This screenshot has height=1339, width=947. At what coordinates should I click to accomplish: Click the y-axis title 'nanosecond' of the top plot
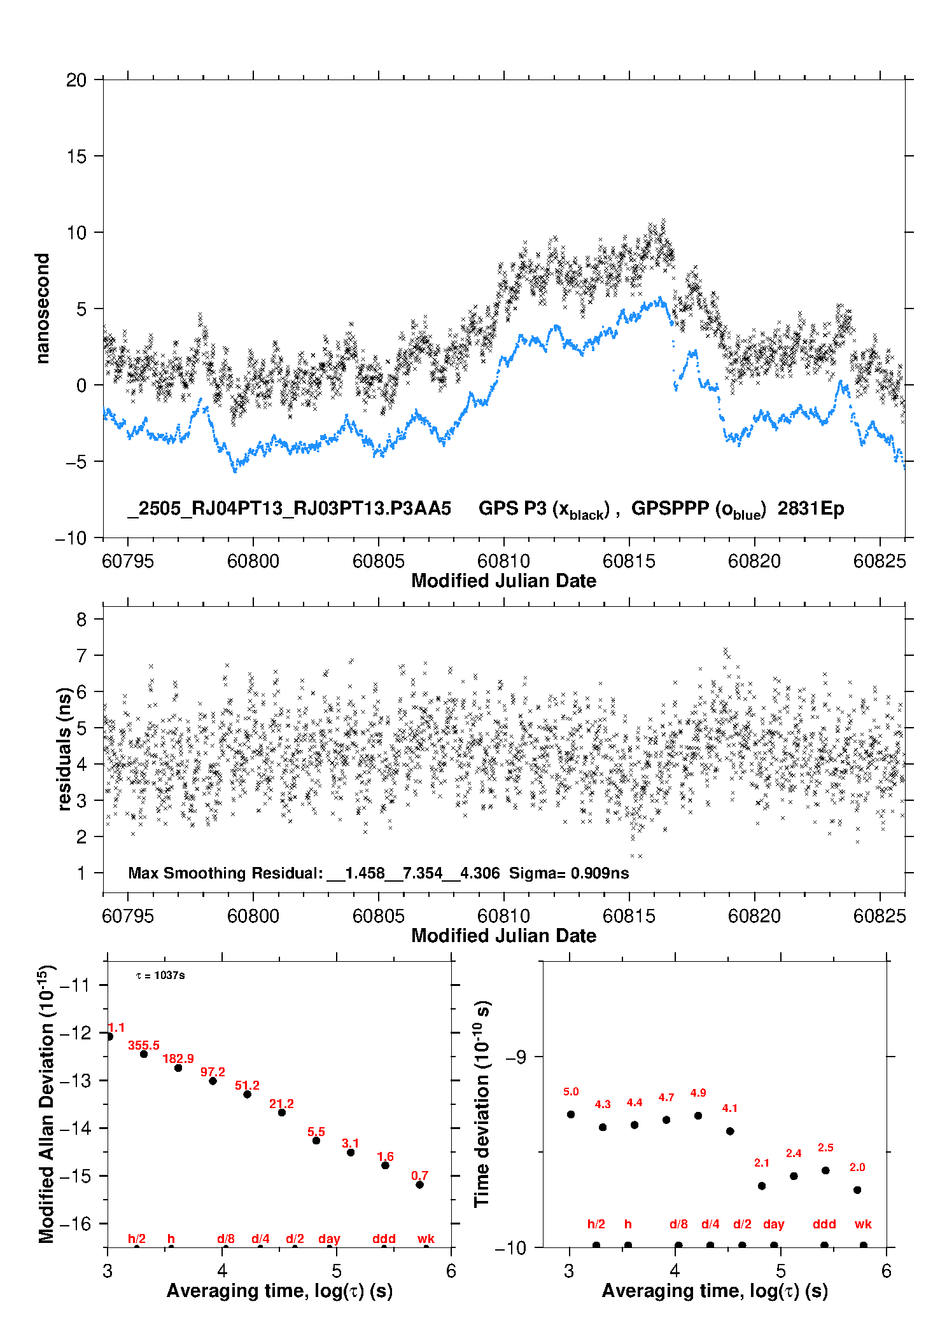click(42, 309)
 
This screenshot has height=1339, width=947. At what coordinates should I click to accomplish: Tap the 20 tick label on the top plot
click(76, 80)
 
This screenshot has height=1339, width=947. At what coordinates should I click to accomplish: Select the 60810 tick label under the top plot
click(503, 561)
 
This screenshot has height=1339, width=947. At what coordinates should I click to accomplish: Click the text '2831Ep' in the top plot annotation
click(811, 509)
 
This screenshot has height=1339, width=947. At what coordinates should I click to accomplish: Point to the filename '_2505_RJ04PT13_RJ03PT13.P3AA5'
click(290, 509)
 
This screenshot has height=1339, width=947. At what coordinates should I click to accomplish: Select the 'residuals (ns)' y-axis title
click(64, 749)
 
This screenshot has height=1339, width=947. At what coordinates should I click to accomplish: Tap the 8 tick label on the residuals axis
click(81, 619)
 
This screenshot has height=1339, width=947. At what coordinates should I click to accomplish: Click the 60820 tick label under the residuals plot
click(754, 916)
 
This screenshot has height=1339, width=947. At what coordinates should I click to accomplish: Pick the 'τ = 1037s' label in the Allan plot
click(160, 976)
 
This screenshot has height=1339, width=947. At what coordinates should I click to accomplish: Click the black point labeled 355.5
click(144, 1054)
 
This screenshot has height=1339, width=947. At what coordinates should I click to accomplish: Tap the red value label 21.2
click(281, 1104)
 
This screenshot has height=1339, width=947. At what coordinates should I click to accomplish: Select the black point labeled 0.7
click(419, 1184)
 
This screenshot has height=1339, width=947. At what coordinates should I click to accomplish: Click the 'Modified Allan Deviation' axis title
click(47, 1104)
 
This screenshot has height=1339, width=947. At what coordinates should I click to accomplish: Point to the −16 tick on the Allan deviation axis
click(74, 1223)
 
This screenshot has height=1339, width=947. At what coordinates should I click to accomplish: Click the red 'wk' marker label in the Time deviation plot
click(863, 1224)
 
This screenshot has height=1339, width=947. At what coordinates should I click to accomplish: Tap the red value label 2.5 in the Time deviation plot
click(825, 1148)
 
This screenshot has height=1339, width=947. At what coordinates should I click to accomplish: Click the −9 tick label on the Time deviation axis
click(516, 1057)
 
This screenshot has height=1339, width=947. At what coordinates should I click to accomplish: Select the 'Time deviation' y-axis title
click(482, 1103)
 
